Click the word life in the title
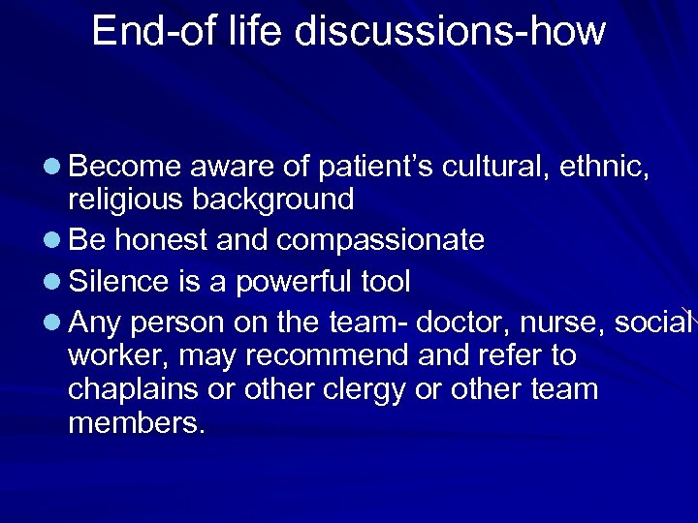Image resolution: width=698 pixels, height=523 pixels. point(258,31)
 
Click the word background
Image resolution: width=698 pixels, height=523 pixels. point(273,200)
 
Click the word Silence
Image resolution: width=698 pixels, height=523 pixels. point(121,282)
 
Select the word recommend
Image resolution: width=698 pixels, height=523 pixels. point(328,356)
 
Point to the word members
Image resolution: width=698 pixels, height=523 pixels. point(137,424)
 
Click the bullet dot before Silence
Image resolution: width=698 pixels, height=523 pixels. point(52,283)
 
